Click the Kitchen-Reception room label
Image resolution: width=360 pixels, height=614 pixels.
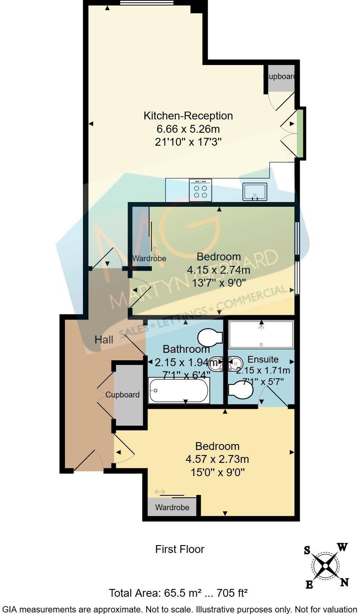pos(188,116)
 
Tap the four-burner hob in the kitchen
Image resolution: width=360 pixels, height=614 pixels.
pos(200,190)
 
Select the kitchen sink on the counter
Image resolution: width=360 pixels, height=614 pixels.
pos(255,191)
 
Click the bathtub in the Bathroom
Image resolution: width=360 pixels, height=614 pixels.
pos(179,390)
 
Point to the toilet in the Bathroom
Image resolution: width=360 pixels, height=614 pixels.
pos(210,337)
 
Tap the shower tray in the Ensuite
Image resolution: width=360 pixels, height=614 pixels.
pos(261,334)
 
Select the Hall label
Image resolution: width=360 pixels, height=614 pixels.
pos(104,340)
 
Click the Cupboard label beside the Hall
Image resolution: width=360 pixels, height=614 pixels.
pos(122,395)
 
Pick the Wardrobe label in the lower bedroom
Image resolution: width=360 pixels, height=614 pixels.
pos(172,508)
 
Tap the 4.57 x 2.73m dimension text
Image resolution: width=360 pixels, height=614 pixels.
pos(217,459)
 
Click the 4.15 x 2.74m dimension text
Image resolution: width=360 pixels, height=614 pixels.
pos(218,270)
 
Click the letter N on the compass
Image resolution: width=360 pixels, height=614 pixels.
pos(344,582)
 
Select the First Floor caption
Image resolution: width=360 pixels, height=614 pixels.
pos(180,549)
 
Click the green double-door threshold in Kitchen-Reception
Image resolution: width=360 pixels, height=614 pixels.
pos(299,133)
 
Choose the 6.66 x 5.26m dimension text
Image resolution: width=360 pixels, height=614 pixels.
pos(188,129)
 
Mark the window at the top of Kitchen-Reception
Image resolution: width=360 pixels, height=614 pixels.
pos(147,3)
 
